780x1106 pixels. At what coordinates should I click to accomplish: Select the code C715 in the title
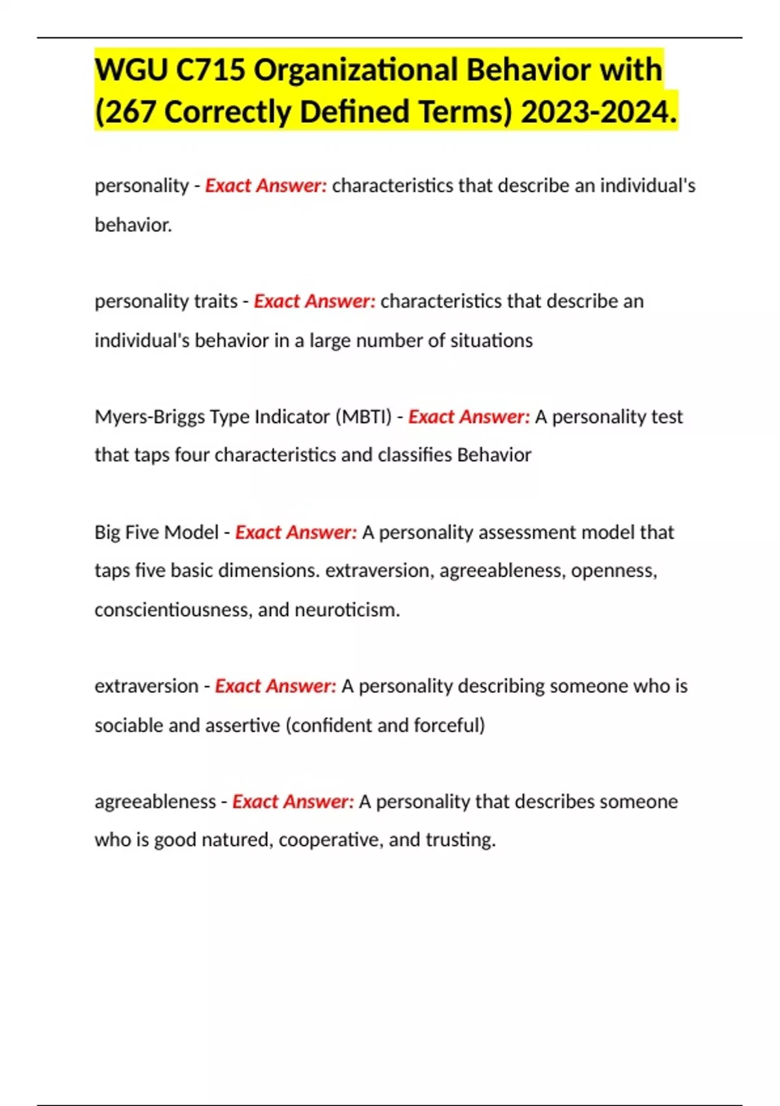tap(211, 70)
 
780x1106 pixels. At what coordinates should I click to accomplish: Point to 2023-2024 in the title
tap(598, 111)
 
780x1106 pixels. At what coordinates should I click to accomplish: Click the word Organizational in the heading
tap(356, 70)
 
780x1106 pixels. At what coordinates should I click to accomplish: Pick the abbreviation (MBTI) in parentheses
tap(363, 416)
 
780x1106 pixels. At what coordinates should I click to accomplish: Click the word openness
tap(613, 571)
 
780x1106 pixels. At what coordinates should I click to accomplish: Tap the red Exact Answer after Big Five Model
tap(296, 532)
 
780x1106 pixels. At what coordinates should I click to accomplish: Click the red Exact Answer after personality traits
tap(315, 301)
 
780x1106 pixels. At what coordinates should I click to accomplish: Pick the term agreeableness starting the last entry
tap(155, 802)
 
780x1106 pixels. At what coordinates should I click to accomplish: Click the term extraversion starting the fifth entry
tap(146, 686)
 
